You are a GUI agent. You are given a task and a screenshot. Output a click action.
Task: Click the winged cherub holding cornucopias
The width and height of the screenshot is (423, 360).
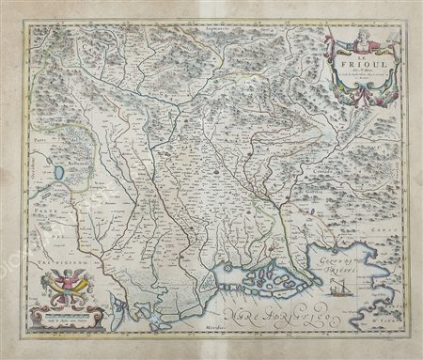coord(67,282)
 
